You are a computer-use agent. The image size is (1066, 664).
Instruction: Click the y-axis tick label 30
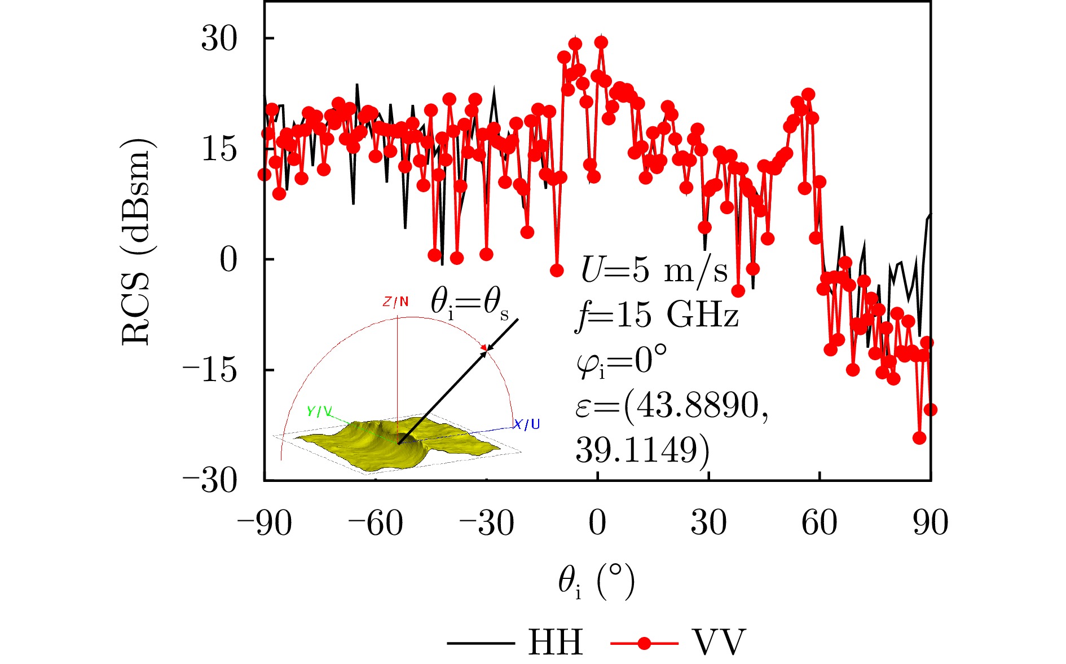point(219,39)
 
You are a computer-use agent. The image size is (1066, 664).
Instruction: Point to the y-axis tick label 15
point(219,149)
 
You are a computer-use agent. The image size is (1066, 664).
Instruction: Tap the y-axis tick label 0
point(228,260)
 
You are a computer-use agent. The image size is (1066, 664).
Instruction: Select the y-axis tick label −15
point(209,370)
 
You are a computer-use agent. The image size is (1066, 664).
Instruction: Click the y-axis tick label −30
point(209,481)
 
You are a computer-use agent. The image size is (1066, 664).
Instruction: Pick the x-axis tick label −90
point(265,524)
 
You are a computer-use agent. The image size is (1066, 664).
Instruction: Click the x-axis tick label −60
point(376,524)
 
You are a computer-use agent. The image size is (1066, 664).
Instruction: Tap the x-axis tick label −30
point(487,524)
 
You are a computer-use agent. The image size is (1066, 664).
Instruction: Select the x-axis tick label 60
point(820,524)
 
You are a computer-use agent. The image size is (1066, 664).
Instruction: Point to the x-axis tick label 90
point(931,524)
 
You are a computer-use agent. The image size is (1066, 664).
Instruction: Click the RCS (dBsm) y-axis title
point(136,241)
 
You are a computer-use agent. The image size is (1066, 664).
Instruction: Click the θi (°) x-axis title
point(597,582)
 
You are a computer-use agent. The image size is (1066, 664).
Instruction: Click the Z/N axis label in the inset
point(395,302)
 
